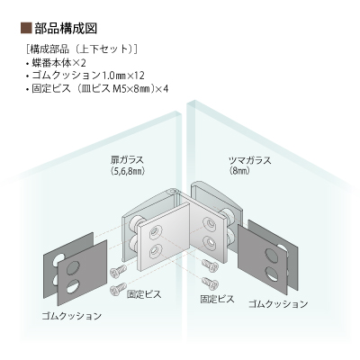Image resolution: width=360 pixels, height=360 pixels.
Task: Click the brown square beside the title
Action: (26, 28)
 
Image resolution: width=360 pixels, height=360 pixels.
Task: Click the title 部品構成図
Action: (66, 28)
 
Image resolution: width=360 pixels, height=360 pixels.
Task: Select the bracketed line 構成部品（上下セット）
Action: (82, 49)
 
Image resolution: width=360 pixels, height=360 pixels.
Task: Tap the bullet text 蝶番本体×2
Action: (58, 63)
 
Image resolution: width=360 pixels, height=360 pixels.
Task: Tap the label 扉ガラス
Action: (126, 160)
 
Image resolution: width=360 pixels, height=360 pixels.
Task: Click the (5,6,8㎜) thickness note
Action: (127, 171)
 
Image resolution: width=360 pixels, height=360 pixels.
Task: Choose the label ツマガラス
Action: (249, 160)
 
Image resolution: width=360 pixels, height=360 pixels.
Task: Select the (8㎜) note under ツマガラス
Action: (240, 171)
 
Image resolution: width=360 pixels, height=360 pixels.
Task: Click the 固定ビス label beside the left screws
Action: (144, 294)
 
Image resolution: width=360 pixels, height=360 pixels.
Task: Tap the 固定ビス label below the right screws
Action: (217, 299)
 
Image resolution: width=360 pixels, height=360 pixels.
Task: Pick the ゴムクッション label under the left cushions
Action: (72, 316)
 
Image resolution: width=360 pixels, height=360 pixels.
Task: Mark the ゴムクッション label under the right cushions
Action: (278, 304)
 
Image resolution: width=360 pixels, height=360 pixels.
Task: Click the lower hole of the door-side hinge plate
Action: (155, 251)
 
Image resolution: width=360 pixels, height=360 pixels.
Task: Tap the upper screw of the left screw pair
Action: (118, 271)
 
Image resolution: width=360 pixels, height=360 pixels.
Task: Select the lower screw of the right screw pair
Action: (210, 283)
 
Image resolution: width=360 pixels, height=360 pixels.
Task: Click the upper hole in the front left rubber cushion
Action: (74, 267)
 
